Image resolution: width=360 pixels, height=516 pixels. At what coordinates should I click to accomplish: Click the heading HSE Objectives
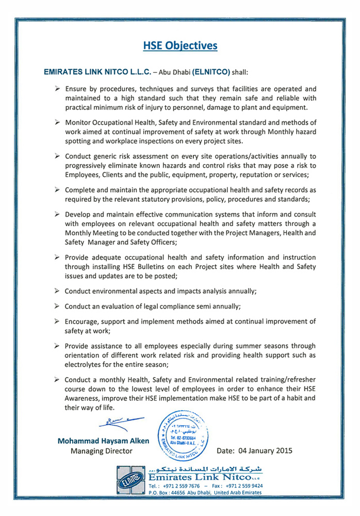click(180, 46)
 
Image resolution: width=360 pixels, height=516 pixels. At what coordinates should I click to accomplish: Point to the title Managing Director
click(101, 451)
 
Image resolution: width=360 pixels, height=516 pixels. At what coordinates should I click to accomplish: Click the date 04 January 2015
click(255, 450)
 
